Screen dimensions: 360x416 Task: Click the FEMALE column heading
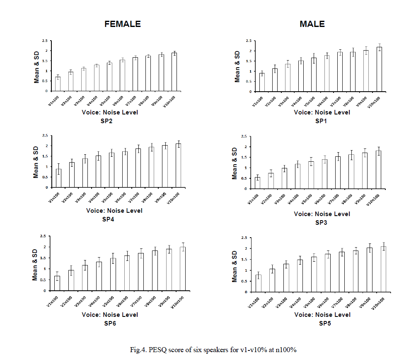123,24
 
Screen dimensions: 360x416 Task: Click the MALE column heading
312,24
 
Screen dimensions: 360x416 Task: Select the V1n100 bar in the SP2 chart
58,84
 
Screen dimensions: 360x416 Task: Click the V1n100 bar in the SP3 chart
257,183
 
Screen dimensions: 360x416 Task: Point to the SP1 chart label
322,121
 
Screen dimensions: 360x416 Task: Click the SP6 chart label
110,323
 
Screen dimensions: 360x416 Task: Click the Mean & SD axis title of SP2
37,66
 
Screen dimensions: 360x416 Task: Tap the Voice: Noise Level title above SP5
322,315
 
